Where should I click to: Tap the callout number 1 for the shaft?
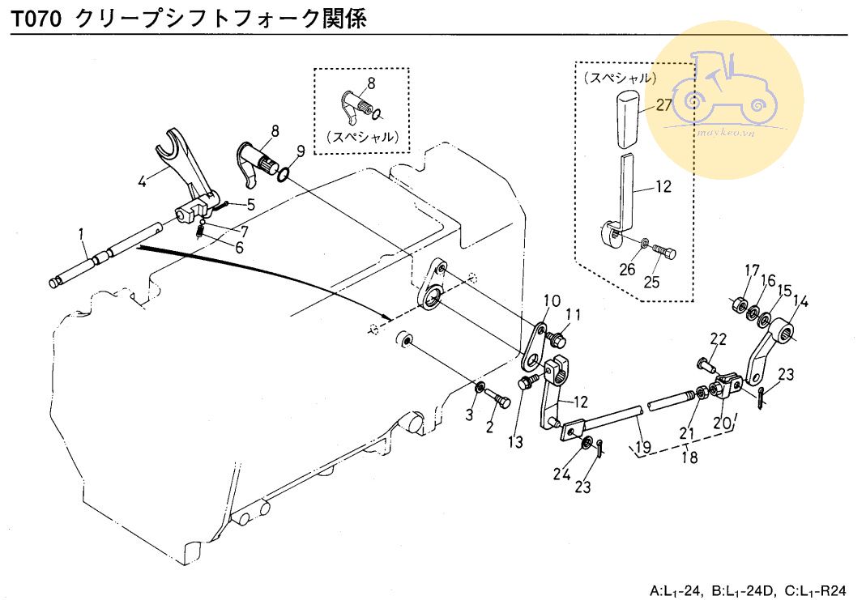coord(82,235)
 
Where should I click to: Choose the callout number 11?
coord(574,315)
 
